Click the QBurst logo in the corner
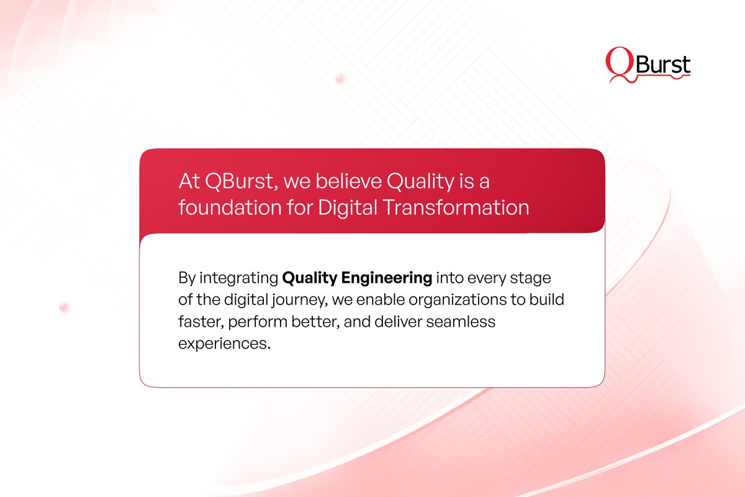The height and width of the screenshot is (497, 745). click(x=648, y=66)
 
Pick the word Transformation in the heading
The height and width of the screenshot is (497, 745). click(x=456, y=207)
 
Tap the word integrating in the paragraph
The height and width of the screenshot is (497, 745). click(x=238, y=277)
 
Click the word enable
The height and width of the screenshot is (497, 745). click(x=374, y=300)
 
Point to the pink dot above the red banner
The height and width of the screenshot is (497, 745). click(x=340, y=78)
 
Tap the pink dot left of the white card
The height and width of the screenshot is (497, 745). click(x=63, y=307)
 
